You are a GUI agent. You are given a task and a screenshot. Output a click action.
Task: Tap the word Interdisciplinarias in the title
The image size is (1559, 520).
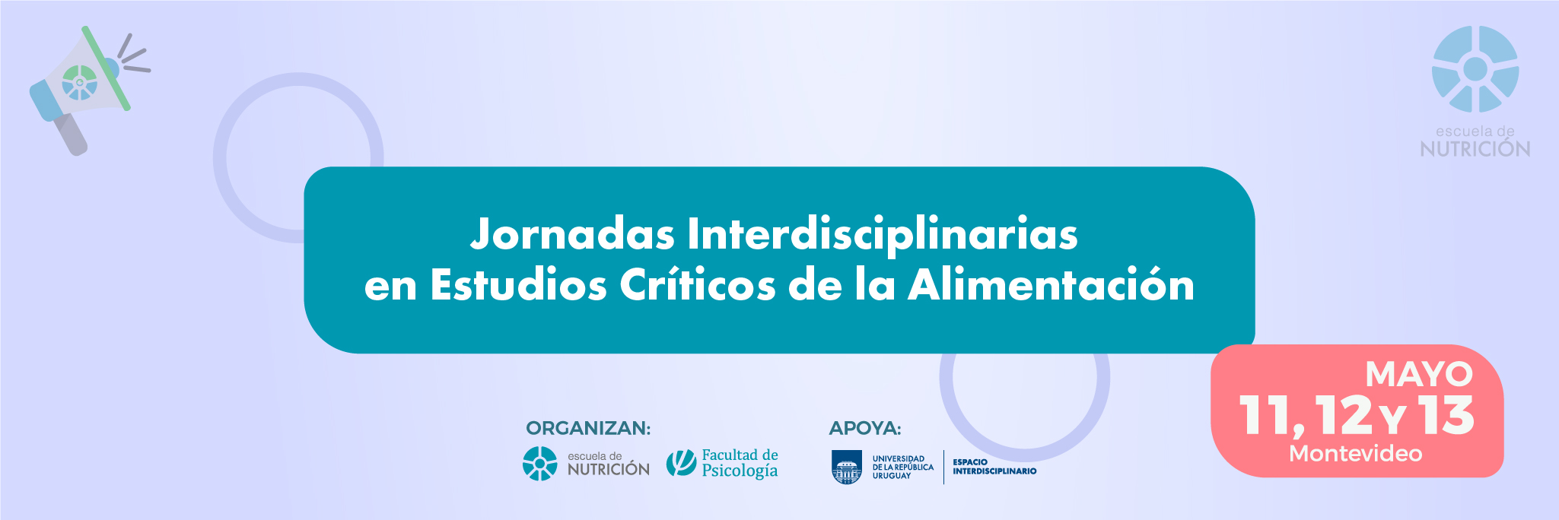click(x=883, y=234)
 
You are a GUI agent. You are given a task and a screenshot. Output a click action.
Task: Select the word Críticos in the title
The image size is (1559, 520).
click(x=697, y=285)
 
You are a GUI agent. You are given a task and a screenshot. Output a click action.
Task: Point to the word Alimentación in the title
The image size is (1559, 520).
click(x=1051, y=285)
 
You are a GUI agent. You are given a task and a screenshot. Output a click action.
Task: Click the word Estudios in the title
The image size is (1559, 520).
click(x=518, y=285)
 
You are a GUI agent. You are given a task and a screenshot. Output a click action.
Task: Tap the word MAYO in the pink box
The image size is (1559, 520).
click(x=1419, y=375)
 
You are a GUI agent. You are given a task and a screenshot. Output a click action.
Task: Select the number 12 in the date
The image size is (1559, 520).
click(x=1344, y=415)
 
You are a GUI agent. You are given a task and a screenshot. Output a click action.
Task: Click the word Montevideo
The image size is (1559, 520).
click(x=1356, y=454)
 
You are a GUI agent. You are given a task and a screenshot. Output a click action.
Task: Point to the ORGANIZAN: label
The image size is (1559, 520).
click(x=588, y=429)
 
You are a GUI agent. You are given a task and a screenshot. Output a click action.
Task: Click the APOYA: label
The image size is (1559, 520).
click(x=865, y=429)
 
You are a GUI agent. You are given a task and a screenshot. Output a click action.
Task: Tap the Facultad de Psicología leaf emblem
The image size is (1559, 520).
click(x=681, y=463)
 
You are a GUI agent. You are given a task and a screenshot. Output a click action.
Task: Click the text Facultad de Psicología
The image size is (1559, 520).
click(x=740, y=463)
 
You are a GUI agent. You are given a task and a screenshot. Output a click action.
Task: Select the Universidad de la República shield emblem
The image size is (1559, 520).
click(x=847, y=467)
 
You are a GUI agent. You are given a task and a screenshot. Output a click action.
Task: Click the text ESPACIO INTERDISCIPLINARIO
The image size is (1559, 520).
click(x=994, y=467)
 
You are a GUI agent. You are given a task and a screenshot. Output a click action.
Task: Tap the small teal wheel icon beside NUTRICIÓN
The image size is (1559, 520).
click(x=540, y=464)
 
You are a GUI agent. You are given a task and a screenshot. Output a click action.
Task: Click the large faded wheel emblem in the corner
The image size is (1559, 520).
click(x=1475, y=69)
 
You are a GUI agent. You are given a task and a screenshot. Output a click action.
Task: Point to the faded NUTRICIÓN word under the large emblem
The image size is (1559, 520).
click(x=1475, y=149)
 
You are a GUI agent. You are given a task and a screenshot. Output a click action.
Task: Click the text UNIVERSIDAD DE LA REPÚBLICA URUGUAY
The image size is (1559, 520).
click(x=902, y=468)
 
